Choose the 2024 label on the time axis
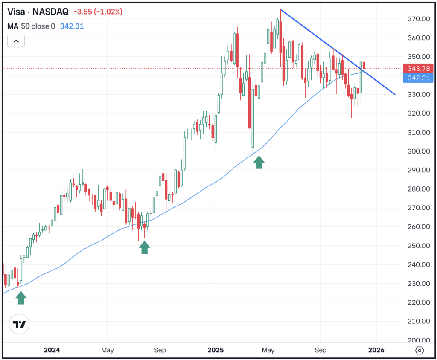coord(52,350)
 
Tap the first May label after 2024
coord(107,350)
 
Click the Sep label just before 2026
coord(320,350)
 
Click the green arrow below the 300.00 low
coord(259,163)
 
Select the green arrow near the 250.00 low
coord(145,247)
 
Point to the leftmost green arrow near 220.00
coord(21,298)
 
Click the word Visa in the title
coord(15,12)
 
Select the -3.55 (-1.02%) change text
coord(98,12)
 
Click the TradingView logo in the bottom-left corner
coord(19,325)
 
